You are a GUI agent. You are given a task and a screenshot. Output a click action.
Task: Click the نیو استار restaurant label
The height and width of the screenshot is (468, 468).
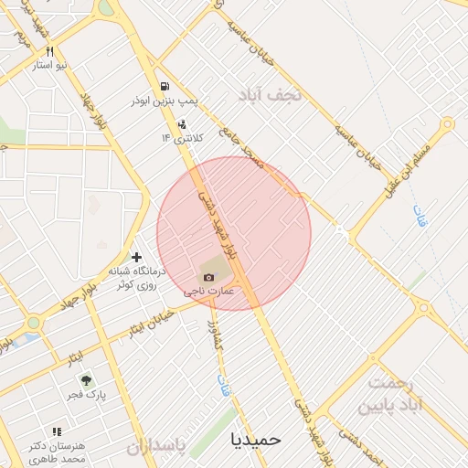pos(51,66)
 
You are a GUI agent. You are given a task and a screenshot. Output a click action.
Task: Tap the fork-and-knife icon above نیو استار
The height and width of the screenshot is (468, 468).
pos(50,52)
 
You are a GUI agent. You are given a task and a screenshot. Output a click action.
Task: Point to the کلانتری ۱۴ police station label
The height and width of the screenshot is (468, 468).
pos(183,137)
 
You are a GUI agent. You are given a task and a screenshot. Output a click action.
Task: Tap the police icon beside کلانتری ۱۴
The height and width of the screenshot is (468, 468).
pos(182,123)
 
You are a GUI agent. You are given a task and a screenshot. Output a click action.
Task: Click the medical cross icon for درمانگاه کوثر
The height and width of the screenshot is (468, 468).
pos(137,257)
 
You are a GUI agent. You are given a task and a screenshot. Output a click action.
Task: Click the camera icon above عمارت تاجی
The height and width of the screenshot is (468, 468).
pos(209,277)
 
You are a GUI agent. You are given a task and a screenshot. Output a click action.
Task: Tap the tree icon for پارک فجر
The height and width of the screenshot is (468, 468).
pos(85,380)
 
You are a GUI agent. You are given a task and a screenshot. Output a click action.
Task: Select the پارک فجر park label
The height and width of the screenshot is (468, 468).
pos(86,395)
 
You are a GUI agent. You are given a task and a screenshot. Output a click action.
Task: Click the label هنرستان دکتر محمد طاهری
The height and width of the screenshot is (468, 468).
pos(56,451)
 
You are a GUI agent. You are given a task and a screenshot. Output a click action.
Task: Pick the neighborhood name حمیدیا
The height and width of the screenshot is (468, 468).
pos(257,439)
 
